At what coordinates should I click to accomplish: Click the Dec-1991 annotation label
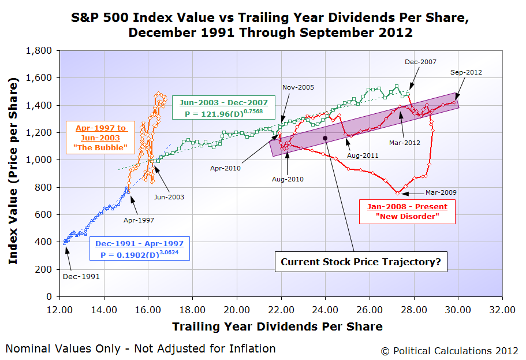pos(81,276)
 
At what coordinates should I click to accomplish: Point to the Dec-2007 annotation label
pos(420,61)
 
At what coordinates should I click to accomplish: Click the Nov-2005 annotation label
pos(298,87)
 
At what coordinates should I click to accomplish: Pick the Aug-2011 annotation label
pos(362,155)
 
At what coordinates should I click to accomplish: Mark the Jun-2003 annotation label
pos(169,197)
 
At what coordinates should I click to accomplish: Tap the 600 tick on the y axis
pos(44,214)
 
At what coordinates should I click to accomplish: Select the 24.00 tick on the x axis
pos(325,309)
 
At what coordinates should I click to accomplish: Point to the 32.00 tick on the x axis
pos(502,309)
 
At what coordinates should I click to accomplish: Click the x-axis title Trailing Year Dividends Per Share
pos(277,326)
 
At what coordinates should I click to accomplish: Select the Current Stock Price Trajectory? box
pos(361,262)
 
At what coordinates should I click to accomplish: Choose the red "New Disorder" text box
pos(408,211)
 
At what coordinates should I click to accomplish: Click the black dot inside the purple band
pos(325,138)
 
